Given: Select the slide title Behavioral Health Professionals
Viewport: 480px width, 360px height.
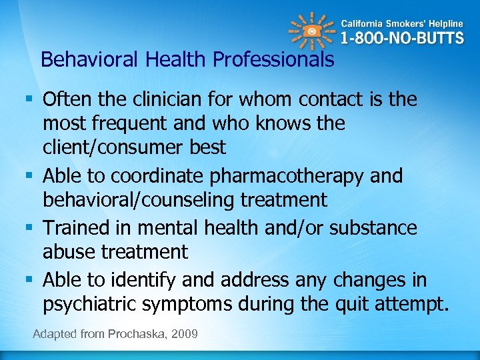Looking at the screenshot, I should [x=187, y=60].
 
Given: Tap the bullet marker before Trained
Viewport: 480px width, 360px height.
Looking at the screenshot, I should [x=31, y=228].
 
